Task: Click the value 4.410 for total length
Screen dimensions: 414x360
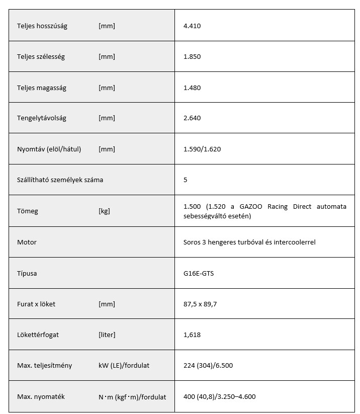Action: click(192, 26)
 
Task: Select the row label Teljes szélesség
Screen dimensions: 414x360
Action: click(41, 57)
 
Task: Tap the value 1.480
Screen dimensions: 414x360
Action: click(192, 88)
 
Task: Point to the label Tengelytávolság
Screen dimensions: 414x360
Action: click(42, 118)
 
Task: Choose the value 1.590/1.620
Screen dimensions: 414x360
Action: click(202, 149)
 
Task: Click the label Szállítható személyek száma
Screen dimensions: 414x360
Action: click(60, 180)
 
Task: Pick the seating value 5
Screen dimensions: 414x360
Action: click(186, 180)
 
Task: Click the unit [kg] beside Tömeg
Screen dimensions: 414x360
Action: click(104, 211)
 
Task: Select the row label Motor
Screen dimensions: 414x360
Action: click(27, 242)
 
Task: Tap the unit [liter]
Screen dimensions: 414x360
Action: click(107, 335)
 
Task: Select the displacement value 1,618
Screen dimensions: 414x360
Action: click(192, 335)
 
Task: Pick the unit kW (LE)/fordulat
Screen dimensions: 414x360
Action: click(124, 366)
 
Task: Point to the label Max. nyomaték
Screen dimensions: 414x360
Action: click(41, 396)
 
